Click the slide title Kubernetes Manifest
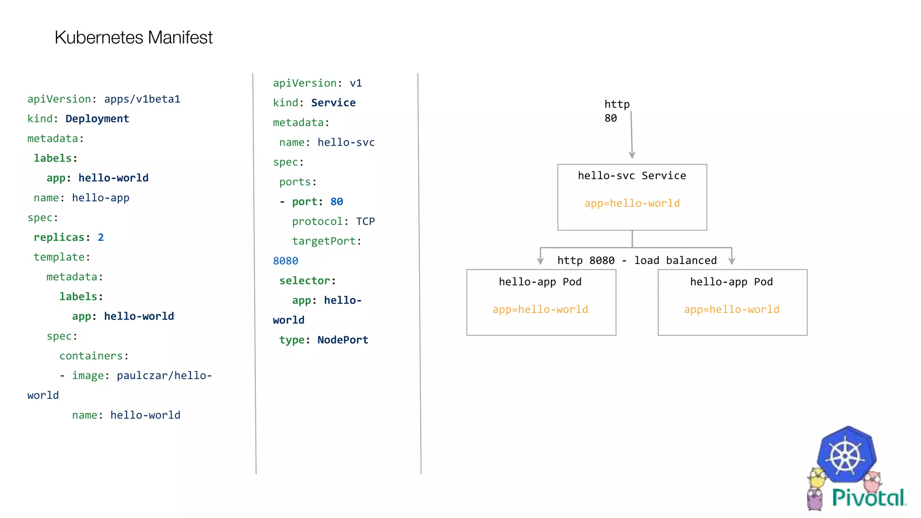point(134,37)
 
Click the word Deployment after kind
point(97,119)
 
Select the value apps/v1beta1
point(142,99)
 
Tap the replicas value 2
point(101,237)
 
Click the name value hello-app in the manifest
point(101,198)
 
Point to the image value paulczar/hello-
point(164,375)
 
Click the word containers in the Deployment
point(91,356)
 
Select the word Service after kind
point(333,103)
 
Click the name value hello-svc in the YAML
point(346,143)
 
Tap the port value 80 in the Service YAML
point(336,202)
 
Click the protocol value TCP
point(365,222)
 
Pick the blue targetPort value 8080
point(286,261)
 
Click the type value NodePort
point(343,340)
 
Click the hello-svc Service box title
point(632,176)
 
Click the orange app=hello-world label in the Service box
point(632,203)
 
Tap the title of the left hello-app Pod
point(540,282)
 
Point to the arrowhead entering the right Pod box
point(732,261)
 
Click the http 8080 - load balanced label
point(637,260)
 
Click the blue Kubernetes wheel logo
point(846,455)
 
